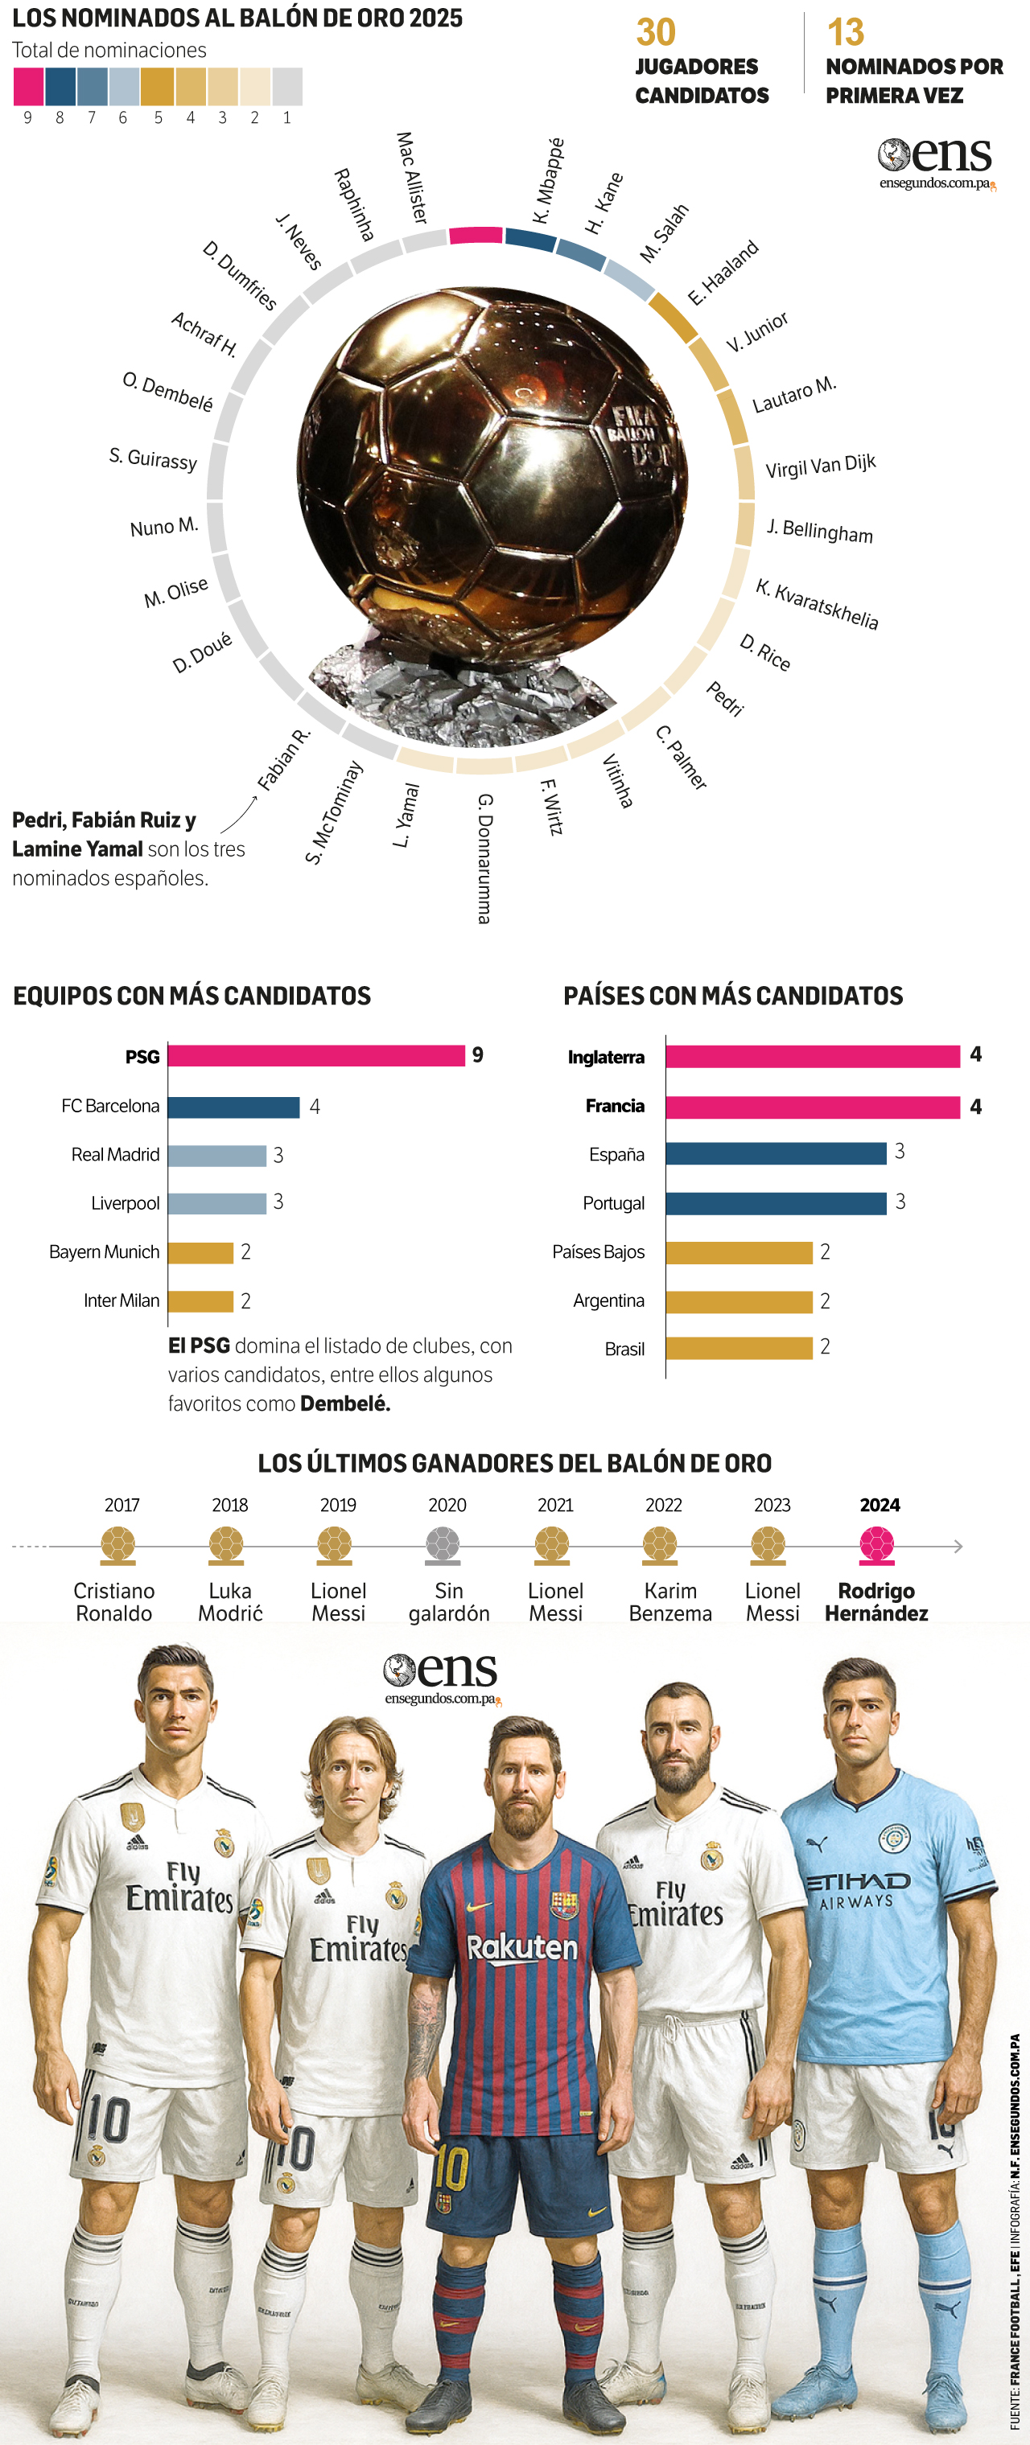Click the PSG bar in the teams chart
click(x=316, y=1055)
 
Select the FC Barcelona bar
click(x=233, y=1107)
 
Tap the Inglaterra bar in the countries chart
click(x=812, y=1056)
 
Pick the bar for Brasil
click(x=739, y=1348)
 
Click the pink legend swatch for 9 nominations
click(x=27, y=86)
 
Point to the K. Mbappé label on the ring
click(x=548, y=181)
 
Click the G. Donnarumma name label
click(x=484, y=858)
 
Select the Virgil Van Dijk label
click(x=820, y=466)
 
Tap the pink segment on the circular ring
click(x=475, y=236)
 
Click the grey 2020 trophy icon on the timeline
click(x=443, y=1544)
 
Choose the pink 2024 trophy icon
click(x=876, y=1544)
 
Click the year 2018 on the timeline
click(x=229, y=1504)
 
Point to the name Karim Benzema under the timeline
click(x=670, y=1602)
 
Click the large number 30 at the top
click(x=656, y=32)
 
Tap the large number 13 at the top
click(x=845, y=32)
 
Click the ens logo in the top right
click(x=935, y=162)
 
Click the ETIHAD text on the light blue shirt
click(x=857, y=1880)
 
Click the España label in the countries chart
click(x=616, y=1154)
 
